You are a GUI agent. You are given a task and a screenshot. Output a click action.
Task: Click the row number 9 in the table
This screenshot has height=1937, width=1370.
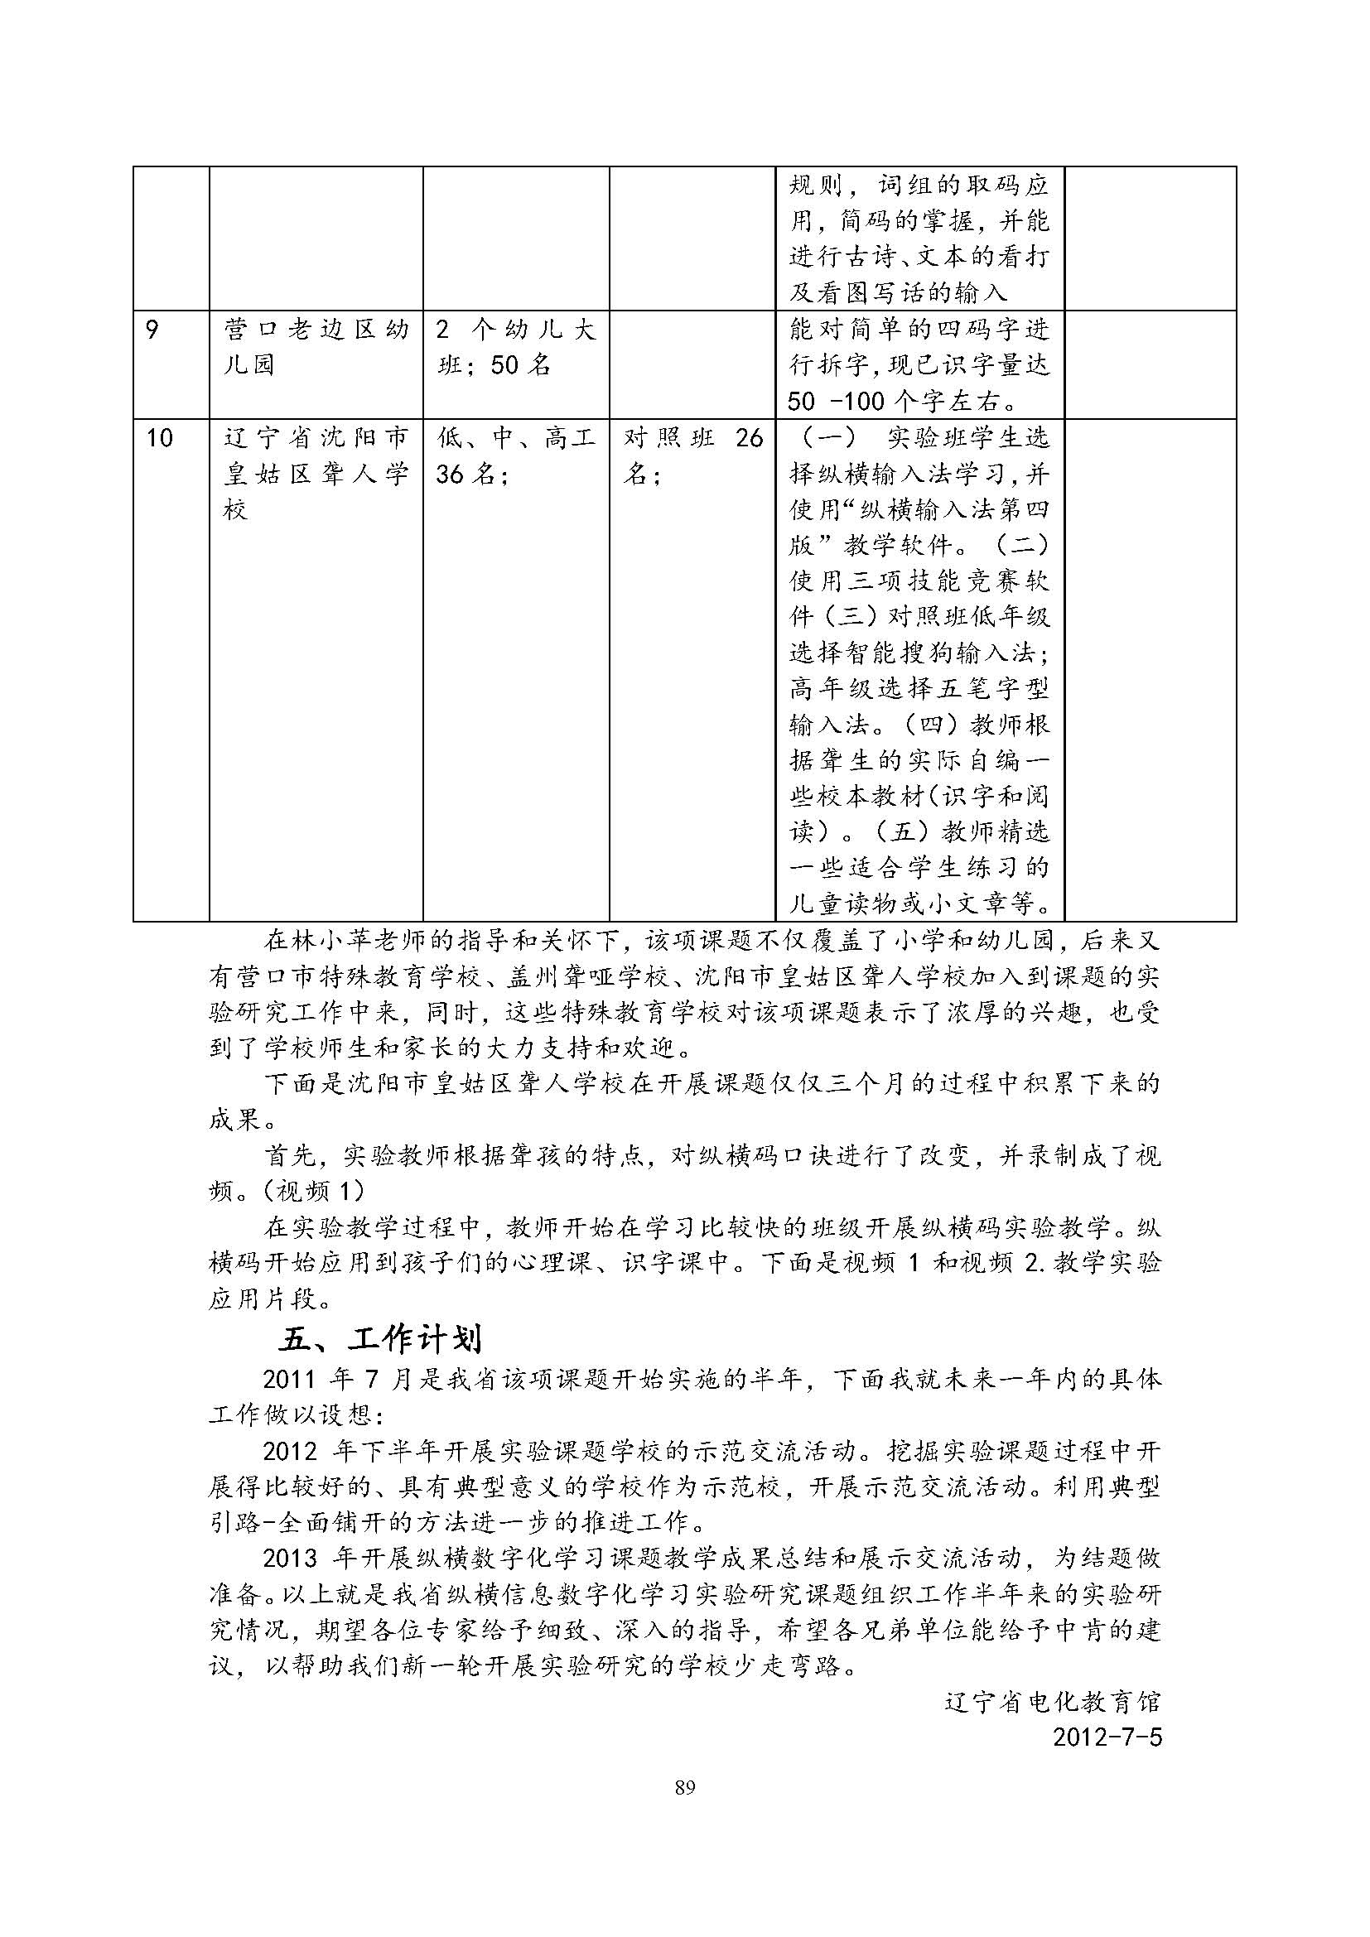coord(152,329)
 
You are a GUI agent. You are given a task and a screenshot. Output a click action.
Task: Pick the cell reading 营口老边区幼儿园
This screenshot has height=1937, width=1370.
coord(316,347)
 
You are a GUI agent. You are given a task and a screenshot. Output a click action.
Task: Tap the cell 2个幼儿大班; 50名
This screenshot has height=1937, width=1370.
coord(515,347)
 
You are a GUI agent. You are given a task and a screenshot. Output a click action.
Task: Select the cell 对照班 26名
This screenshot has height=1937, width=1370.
coord(692,455)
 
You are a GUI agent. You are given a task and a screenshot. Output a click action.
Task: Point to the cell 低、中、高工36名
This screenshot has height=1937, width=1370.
coord(515,455)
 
